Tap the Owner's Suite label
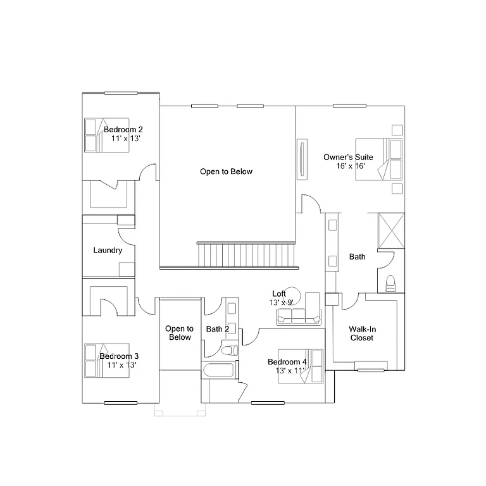tap(348, 157)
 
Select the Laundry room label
tap(108, 251)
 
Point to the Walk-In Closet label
tap(362, 333)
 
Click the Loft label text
tap(278, 294)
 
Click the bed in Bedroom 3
tap(108, 361)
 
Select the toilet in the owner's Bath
tap(390, 283)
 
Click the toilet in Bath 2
tap(228, 350)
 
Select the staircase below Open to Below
tap(246, 255)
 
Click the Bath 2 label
tap(218, 329)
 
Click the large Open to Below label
tap(226, 171)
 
